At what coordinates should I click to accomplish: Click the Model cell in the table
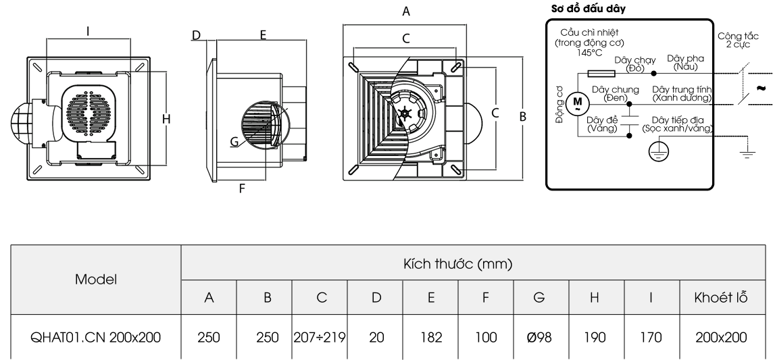coord(96,279)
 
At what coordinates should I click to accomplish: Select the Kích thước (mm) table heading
coord(468,263)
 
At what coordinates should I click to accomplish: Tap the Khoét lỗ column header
coord(721,298)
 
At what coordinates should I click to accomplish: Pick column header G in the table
coord(539,298)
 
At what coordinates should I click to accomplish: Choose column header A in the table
coord(209,298)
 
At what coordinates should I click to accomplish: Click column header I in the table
coord(650,298)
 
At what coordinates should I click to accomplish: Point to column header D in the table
coord(375,298)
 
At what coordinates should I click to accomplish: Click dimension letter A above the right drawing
coord(405,11)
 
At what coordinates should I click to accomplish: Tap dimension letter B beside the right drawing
coord(522,116)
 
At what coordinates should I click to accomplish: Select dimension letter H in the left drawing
coord(166,119)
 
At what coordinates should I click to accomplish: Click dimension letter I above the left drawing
coord(89,30)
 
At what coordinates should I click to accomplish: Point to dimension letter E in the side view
coord(263,34)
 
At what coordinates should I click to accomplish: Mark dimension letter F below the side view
coord(241,189)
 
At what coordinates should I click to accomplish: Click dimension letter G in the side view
coord(234,142)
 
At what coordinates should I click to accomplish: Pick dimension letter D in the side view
coord(196,34)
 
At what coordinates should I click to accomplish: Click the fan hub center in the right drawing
coord(405,114)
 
